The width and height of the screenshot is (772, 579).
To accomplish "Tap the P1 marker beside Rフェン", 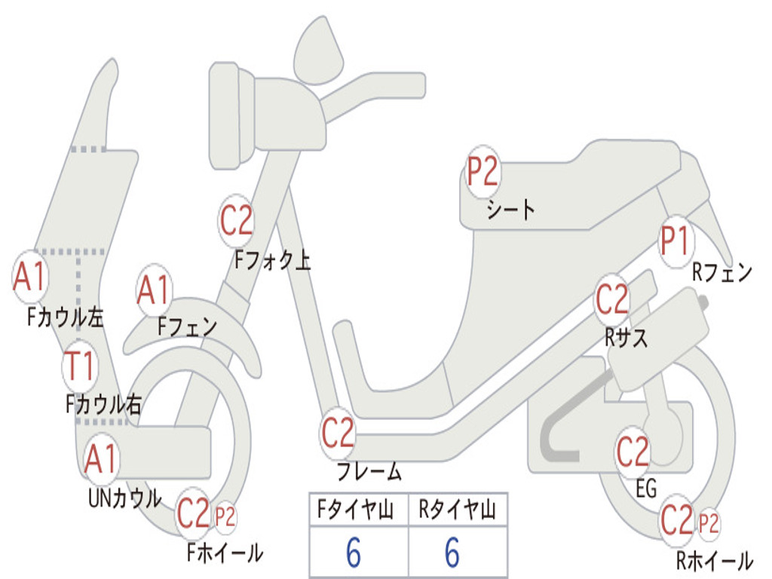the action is click(675, 241).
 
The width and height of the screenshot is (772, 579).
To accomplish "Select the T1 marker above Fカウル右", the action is click(79, 366).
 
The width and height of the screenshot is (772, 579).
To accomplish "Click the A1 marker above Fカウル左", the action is click(30, 276).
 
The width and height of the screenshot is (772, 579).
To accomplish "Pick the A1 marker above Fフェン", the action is click(155, 290).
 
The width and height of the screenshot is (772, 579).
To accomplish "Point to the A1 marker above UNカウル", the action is click(101, 458).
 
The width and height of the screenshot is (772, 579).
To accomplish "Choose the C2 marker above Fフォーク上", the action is click(236, 221).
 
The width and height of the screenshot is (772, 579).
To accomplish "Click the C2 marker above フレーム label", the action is click(338, 433).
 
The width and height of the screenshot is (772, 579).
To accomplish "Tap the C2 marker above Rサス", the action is click(612, 299).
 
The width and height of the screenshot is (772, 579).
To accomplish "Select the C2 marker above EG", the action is click(633, 452).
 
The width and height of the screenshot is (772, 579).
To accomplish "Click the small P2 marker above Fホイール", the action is click(225, 517).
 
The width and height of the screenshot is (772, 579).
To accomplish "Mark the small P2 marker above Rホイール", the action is click(709, 523).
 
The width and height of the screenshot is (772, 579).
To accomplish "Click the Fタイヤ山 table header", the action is click(356, 510).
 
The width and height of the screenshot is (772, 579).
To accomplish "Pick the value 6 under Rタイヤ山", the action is click(452, 552).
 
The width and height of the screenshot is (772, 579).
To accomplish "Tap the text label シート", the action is click(511, 210).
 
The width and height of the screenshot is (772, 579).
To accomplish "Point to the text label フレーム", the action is click(369, 471).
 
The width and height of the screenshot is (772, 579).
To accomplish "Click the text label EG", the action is click(646, 489).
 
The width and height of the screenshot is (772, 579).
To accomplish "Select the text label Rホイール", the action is click(715, 560).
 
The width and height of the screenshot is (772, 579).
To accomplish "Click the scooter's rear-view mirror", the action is click(318, 51).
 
